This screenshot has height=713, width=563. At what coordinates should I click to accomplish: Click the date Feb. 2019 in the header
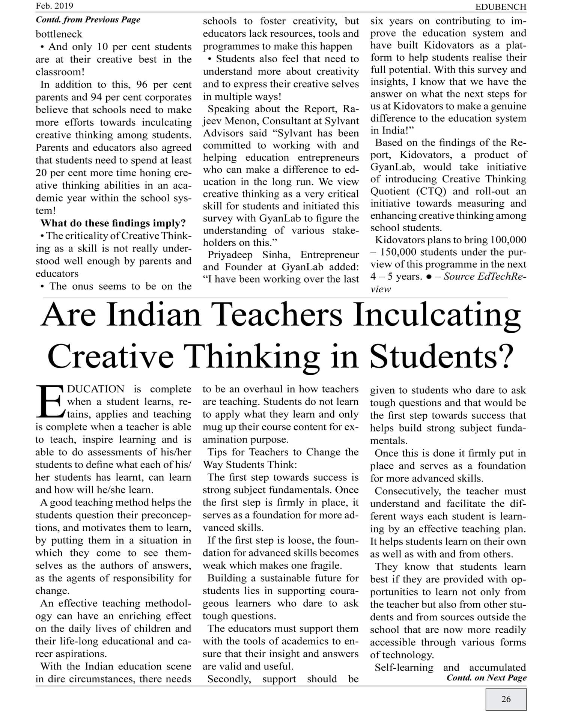[54, 6]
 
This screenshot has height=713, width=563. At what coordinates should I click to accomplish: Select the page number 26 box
[506, 699]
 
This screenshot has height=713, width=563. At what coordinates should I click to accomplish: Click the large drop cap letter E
[50, 402]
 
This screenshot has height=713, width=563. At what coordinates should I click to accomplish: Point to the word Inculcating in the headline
[437, 314]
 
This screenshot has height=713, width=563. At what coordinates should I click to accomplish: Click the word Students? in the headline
[441, 356]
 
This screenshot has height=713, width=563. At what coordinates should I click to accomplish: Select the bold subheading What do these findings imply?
[113, 223]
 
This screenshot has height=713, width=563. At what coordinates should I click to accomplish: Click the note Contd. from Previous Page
[88, 20]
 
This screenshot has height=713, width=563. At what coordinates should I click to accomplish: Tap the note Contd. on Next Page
[486, 677]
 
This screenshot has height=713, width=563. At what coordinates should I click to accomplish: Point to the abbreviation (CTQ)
[431, 191]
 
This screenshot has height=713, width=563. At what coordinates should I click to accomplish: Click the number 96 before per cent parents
[143, 84]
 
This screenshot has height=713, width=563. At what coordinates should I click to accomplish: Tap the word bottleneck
[59, 34]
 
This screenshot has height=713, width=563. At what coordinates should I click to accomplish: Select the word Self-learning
[404, 667]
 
